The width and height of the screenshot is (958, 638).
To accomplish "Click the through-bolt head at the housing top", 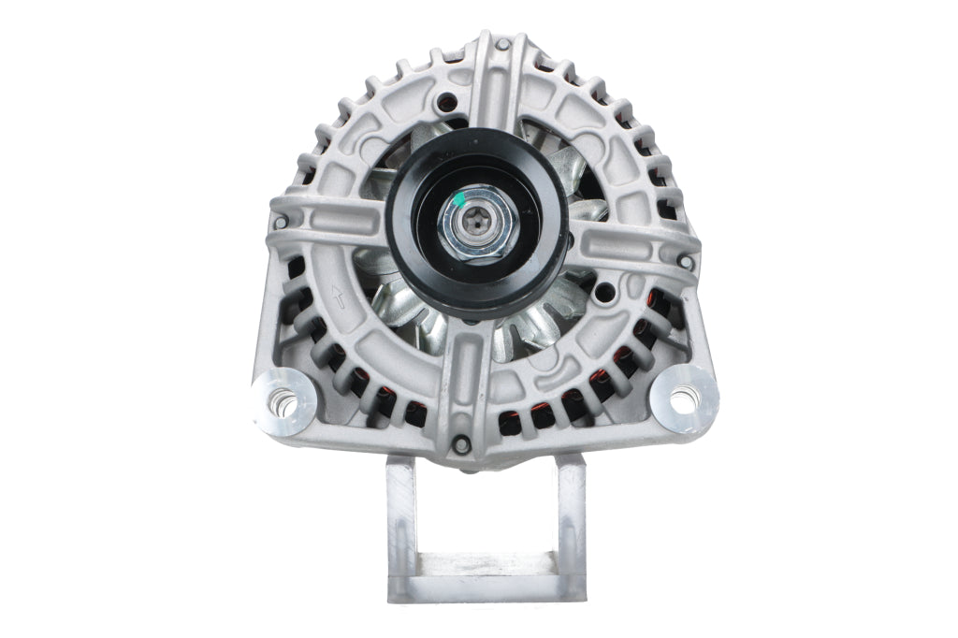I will pyautogui.click(x=503, y=44).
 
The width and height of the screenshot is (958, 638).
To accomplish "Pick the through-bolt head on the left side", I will pyautogui.click(x=279, y=222).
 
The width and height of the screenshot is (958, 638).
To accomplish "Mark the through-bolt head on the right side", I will pyautogui.click(x=688, y=264).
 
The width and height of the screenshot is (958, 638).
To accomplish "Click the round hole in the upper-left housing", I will pyautogui.click(x=449, y=101).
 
